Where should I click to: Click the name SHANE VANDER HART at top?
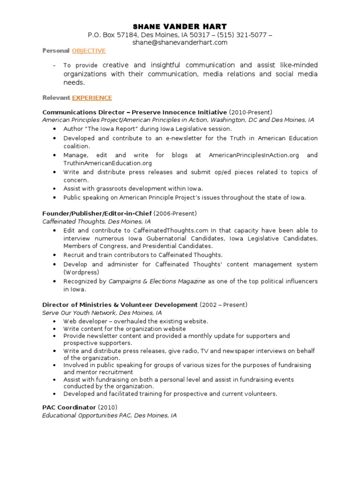(x=180, y=26)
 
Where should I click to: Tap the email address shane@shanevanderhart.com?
(x=180, y=42)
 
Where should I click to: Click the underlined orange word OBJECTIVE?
(x=89, y=51)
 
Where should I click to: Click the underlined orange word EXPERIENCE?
(x=92, y=98)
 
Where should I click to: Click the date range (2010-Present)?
(x=250, y=112)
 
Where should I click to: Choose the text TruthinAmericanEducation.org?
(x=108, y=163)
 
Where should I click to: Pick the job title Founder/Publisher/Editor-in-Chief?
(x=97, y=213)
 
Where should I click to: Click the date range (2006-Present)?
(x=175, y=213)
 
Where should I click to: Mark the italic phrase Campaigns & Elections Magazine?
(x=157, y=281)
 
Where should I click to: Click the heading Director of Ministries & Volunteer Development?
(x=120, y=305)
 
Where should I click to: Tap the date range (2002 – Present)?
(x=223, y=305)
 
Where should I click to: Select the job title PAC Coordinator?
(x=69, y=407)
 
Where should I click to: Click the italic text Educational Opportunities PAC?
(x=86, y=415)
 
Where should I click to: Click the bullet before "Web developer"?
(x=55, y=322)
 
